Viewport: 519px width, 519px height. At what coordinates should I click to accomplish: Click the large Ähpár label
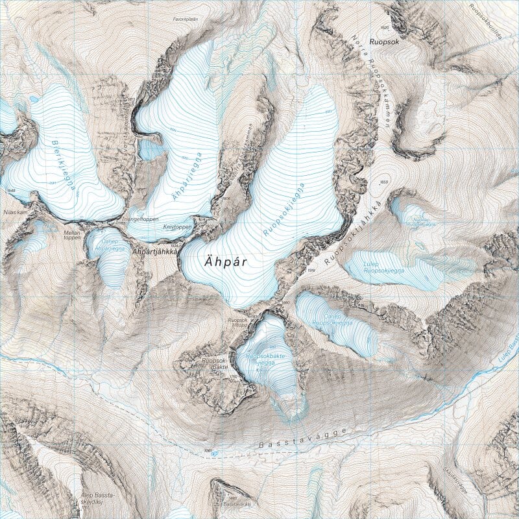coord(226,262)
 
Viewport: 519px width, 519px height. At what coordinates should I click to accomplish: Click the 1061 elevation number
coord(208,449)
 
